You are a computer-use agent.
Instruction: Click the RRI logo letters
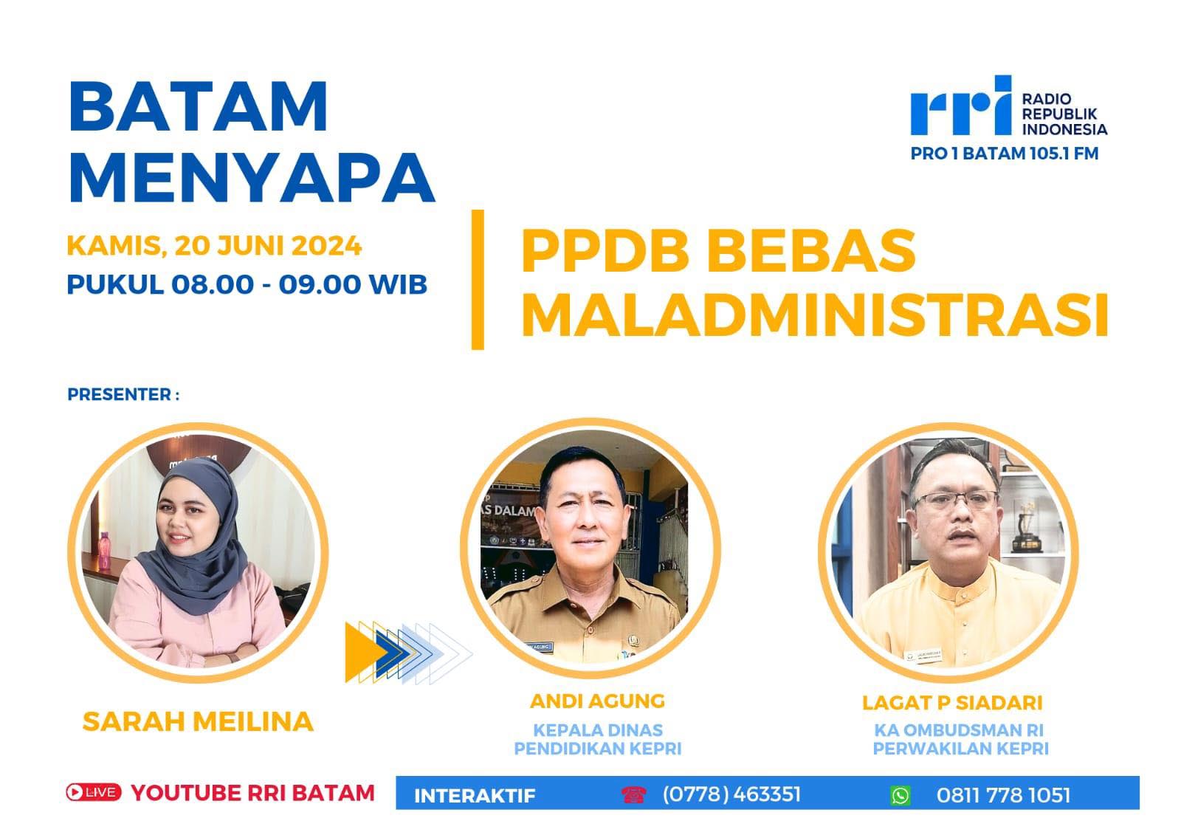[960, 106]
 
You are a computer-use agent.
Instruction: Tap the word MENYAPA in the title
[252, 178]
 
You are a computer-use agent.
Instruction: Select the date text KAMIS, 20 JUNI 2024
[214, 246]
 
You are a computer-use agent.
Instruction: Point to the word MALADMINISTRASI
[815, 316]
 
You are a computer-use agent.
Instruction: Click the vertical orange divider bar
[478, 280]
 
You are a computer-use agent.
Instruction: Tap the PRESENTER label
[123, 394]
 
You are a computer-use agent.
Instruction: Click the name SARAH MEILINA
[199, 721]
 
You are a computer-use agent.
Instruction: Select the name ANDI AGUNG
[597, 701]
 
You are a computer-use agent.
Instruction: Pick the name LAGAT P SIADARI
[952, 703]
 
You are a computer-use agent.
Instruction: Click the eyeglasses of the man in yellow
[955, 499]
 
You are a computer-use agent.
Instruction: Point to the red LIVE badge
[93, 791]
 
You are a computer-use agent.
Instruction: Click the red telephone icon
[633, 794]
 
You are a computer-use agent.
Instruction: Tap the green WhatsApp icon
[900, 795]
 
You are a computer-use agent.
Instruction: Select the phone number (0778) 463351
[731, 794]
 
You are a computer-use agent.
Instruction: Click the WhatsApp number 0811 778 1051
[1003, 795]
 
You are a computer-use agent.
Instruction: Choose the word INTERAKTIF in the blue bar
[475, 796]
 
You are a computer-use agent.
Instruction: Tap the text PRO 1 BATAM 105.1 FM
[1005, 154]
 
